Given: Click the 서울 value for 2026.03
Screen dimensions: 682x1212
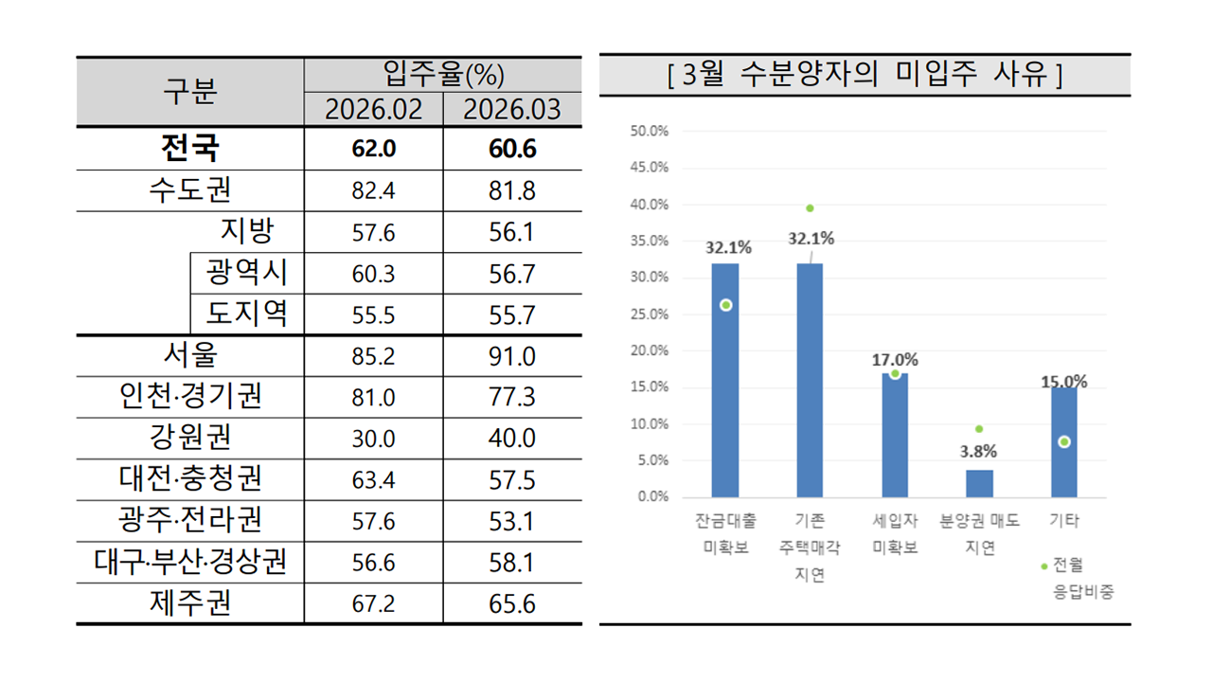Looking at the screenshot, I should [512, 356].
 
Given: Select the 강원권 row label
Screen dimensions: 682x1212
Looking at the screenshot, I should [190, 438].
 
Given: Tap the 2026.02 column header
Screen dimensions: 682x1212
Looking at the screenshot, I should [373, 109].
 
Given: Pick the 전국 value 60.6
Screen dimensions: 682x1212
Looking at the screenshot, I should [512, 149].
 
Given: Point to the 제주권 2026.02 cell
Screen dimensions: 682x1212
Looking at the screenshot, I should [373, 604].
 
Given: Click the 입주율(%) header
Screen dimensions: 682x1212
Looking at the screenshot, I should [443, 73].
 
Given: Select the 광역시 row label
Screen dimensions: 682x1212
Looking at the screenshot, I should [247, 274].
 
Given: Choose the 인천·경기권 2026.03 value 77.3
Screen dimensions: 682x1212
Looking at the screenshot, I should [512, 397].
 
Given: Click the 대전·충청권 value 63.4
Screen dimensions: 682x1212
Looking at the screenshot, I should [373, 479].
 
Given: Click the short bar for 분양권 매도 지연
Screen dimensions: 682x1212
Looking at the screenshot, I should [979, 483].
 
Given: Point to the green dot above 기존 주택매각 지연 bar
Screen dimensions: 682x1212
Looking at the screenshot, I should [810, 208].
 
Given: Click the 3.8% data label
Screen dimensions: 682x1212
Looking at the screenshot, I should [979, 452].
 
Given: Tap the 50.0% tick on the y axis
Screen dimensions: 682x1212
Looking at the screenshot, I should [649, 131].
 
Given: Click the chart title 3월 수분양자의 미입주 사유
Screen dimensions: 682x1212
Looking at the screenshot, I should [864, 75].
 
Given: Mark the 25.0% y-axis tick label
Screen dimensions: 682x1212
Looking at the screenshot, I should [649, 314].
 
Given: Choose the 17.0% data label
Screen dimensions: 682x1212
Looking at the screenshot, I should [895, 360].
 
